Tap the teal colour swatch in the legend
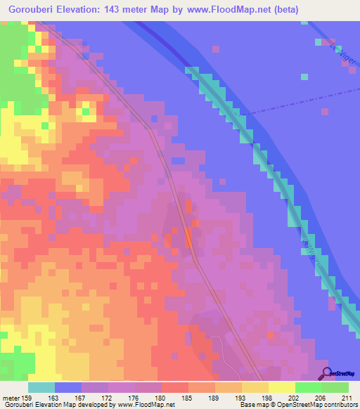(x=41, y=387)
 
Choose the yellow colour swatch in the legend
(x=281, y=387)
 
